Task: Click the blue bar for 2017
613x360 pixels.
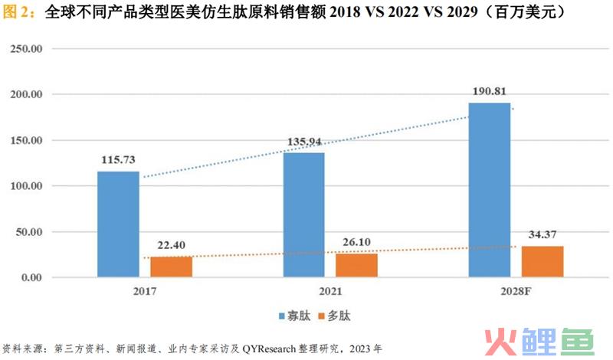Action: [118, 224]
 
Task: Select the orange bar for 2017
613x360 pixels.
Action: [170, 267]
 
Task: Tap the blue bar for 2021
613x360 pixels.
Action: [304, 214]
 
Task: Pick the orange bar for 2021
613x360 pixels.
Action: [356, 265]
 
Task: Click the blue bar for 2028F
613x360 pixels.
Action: [490, 190]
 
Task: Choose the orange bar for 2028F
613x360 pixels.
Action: [542, 261]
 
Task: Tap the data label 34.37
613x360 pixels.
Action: [543, 234]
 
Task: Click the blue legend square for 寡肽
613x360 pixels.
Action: [282, 316]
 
